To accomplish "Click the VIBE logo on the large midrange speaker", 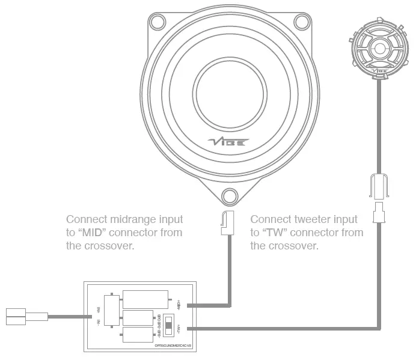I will click(225, 142).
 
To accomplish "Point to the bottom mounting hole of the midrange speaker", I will click(228, 195).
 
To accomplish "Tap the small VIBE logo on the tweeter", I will click(380, 73).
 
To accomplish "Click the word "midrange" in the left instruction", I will click(129, 219).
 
